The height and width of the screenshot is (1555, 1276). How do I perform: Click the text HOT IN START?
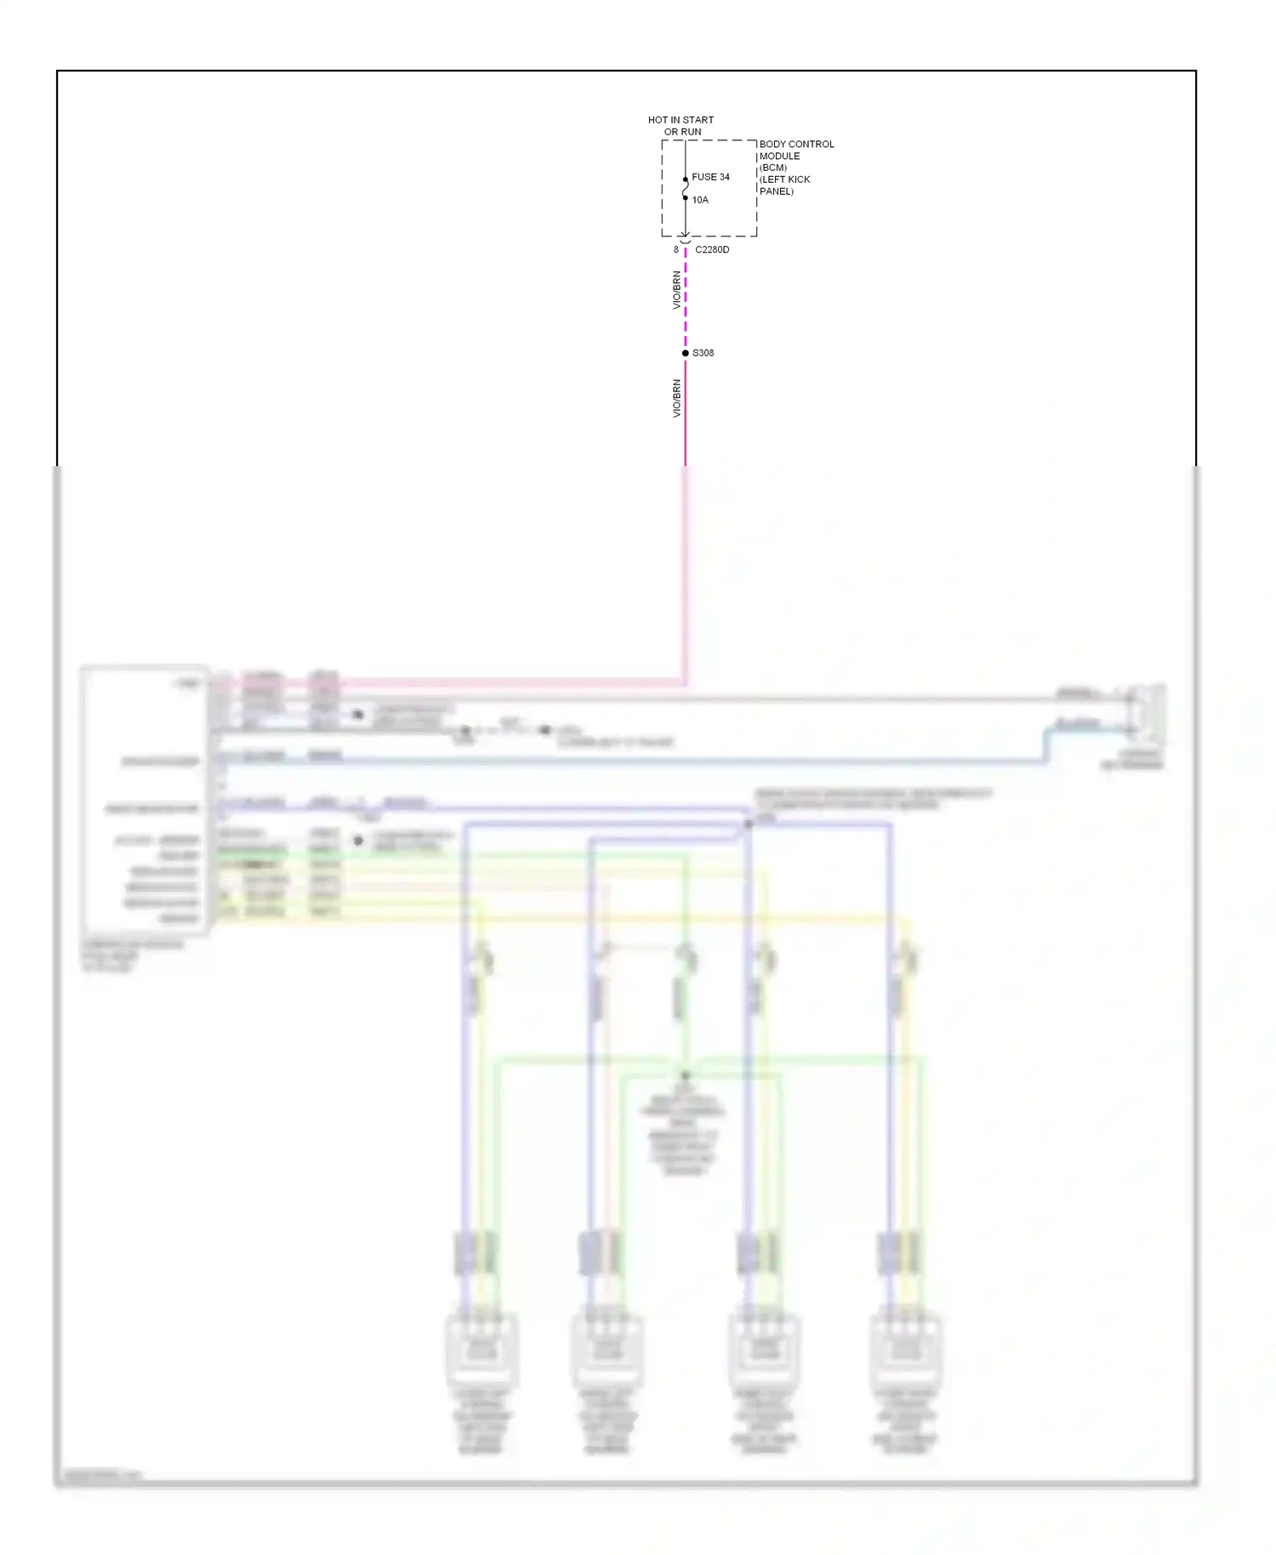pos(681,120)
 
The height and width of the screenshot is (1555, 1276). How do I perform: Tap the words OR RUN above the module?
pos(682,132)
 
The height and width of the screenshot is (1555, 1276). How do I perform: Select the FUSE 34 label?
pos(710,177)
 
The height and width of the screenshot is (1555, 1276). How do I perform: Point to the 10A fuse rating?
pos(700,200)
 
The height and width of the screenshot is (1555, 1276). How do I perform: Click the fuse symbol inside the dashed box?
pos(686,189)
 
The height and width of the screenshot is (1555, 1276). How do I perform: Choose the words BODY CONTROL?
pos(796,144)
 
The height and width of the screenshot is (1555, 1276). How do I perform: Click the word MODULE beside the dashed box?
pos(779,156)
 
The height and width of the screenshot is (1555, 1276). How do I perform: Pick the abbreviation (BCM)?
pos(773,168)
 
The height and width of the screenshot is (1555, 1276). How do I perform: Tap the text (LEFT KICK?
pos(784,179)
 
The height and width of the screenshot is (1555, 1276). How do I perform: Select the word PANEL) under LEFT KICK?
pos(777,191)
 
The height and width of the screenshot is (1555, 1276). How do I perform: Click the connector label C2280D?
pos(712,250)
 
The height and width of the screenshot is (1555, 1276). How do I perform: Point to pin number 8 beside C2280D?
pos(676,250)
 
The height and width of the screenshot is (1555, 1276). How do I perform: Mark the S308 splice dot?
pos(686,353)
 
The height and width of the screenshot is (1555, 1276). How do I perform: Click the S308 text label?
pos(704,353)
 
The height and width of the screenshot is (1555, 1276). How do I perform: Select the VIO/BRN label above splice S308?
pos(677,290)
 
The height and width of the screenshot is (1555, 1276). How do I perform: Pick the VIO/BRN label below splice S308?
pos(677,398)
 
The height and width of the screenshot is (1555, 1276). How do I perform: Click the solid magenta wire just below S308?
pos(686,408)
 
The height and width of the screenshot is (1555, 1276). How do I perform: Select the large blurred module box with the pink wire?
pos(145,800)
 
